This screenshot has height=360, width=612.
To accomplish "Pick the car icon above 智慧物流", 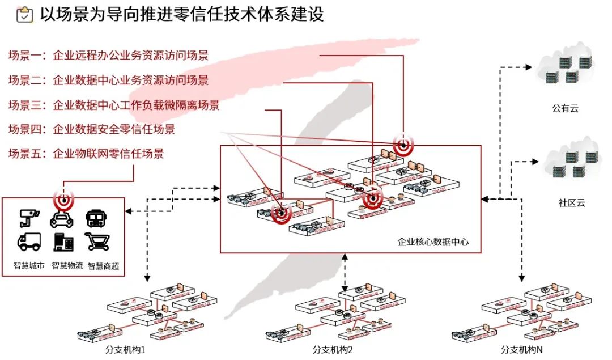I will tap(62, 218).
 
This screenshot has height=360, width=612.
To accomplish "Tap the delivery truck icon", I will tap(29, 242).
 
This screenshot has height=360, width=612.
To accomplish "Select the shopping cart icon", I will tap(97, 242).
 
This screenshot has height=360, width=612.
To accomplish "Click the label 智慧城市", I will tap(29, 265).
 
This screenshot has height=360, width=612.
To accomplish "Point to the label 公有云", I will tap(565, 108).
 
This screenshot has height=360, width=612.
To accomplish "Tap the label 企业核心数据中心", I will tap(433, 242).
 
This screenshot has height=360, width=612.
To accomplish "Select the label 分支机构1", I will tap(126, 350).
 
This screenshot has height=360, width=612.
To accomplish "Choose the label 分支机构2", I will tap(333, 350).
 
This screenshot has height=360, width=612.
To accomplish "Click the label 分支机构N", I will tap(521, 350).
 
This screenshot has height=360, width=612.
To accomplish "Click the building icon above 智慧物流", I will tap(63, 242).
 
